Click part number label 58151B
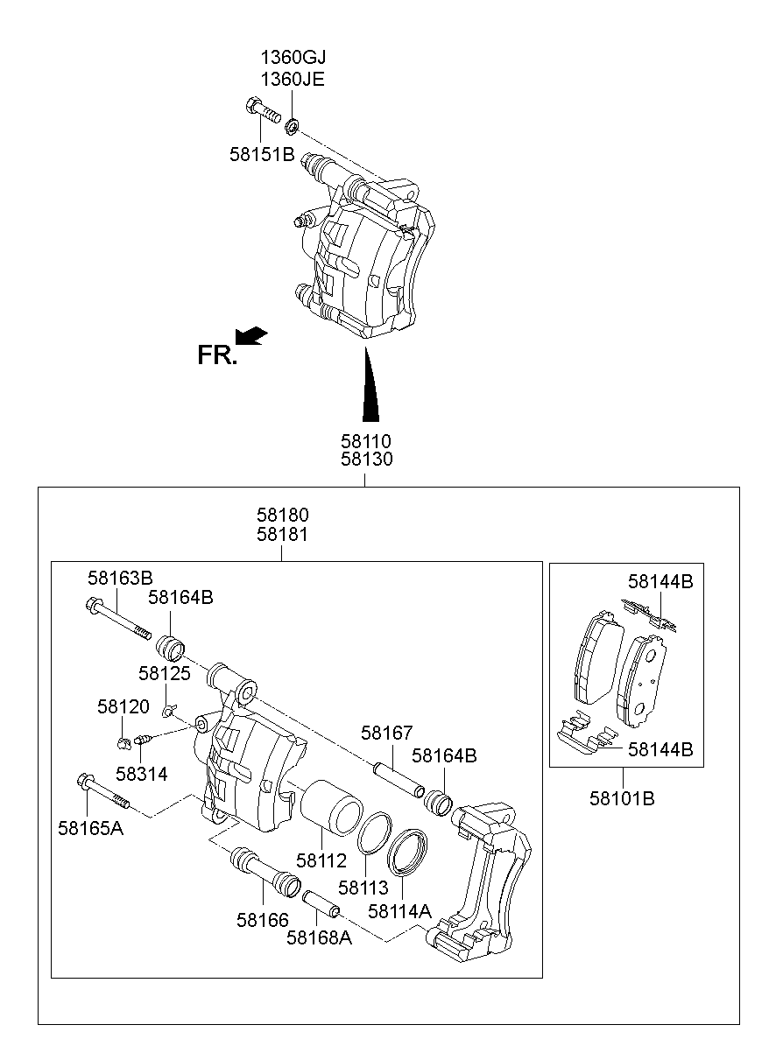point(262,155)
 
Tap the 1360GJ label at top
point(293,59)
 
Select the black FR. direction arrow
point(251,336)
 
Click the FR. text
point(216,355)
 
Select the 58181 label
point(282,534)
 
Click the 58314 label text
point(141,775)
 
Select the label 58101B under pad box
point(621,798)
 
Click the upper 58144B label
point(660,580)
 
